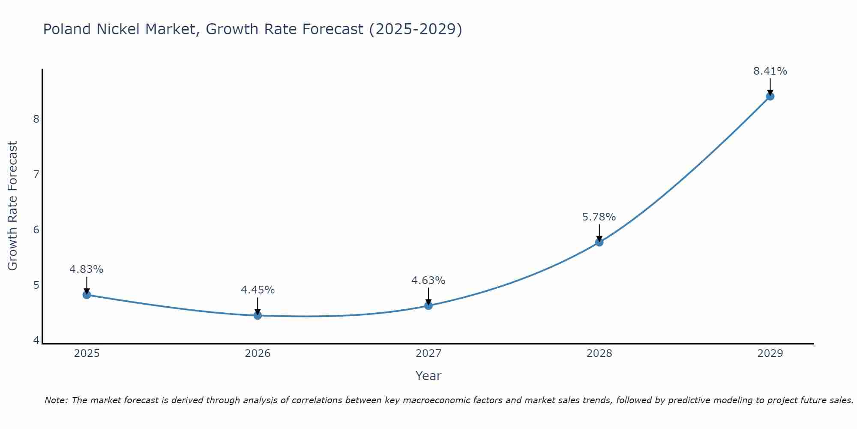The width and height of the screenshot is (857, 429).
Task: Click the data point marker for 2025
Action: (x=87, y=295)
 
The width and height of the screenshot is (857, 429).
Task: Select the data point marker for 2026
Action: (x=258, y=315)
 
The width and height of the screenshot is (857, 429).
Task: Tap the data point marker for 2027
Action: (x=428, y=305)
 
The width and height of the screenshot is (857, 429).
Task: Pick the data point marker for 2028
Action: (x=599, y=242)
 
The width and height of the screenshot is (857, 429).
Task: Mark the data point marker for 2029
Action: (x=770, y=96)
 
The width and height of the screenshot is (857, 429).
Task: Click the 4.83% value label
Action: (x=87, y=269)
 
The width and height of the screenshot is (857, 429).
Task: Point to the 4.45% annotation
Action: (x=258, y=290)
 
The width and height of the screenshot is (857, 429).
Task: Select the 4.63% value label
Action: (x=428, y=281)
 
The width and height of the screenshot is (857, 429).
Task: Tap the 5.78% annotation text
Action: (x=599, y=217)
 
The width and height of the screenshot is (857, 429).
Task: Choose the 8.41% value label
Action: (x=770, y=71)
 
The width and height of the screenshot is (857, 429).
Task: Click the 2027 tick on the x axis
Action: (x=428, y=353)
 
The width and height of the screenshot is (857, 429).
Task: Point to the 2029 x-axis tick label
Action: (x=770, y=353)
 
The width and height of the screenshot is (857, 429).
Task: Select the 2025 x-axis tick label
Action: (x=87, y=353)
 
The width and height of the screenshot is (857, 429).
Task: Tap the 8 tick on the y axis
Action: (x=36, y=119)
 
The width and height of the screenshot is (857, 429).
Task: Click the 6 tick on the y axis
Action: (x=36, y=230)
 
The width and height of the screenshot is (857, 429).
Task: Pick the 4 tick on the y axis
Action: (x=36, y=340)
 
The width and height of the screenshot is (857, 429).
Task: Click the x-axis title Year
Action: (x=428, y=376)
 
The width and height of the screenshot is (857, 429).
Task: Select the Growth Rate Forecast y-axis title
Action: (x=13, y=206)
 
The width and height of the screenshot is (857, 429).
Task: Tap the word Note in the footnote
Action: (x=56, y=400)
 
